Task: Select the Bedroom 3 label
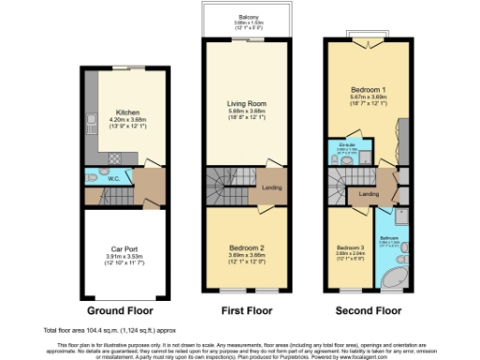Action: pyautogui.click(x=348, y=248)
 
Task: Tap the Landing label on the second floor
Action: pyautogui.click(x=369, y=194)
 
